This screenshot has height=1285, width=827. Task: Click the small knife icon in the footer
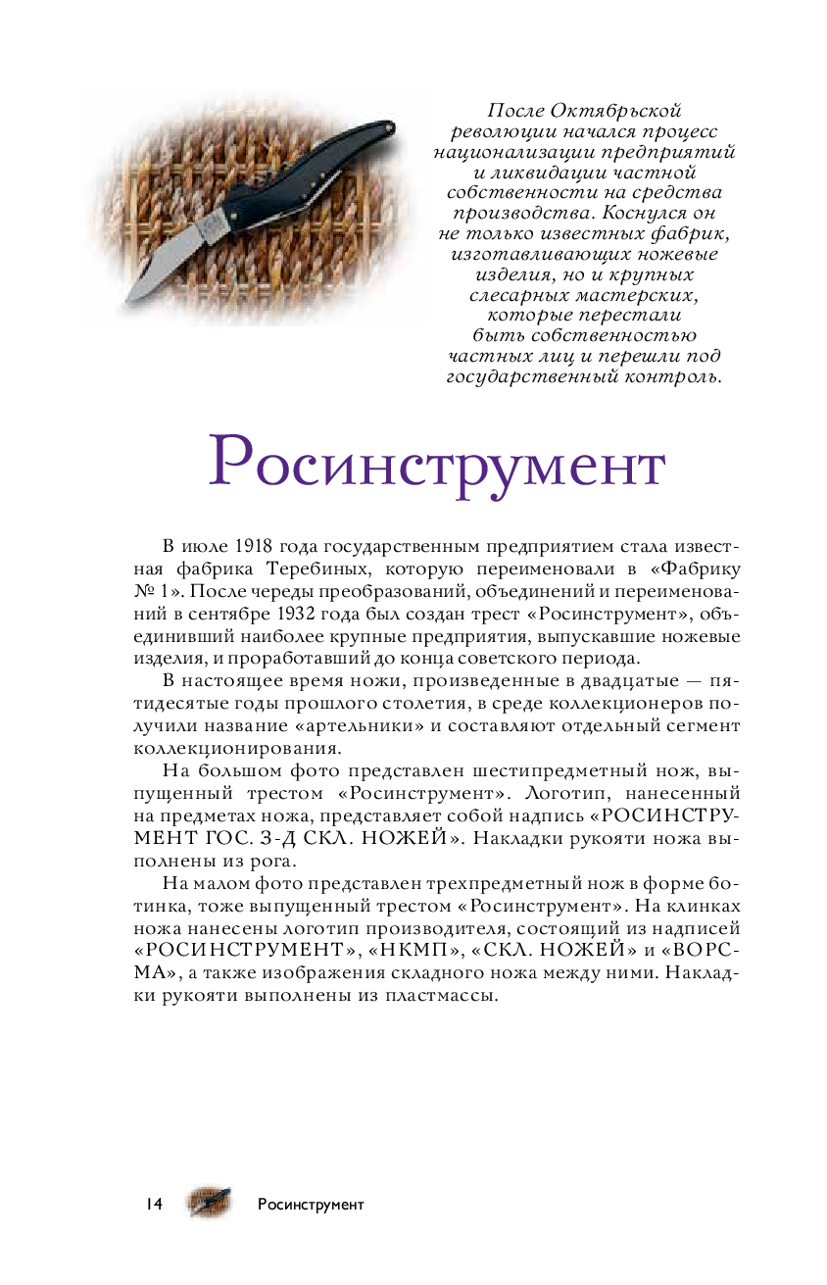(x=211, y=1203)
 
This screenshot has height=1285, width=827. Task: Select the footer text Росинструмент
(x=311, y=1205)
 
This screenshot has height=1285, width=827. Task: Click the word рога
(x=273, y=862)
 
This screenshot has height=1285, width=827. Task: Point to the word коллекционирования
(x=237, y=748)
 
